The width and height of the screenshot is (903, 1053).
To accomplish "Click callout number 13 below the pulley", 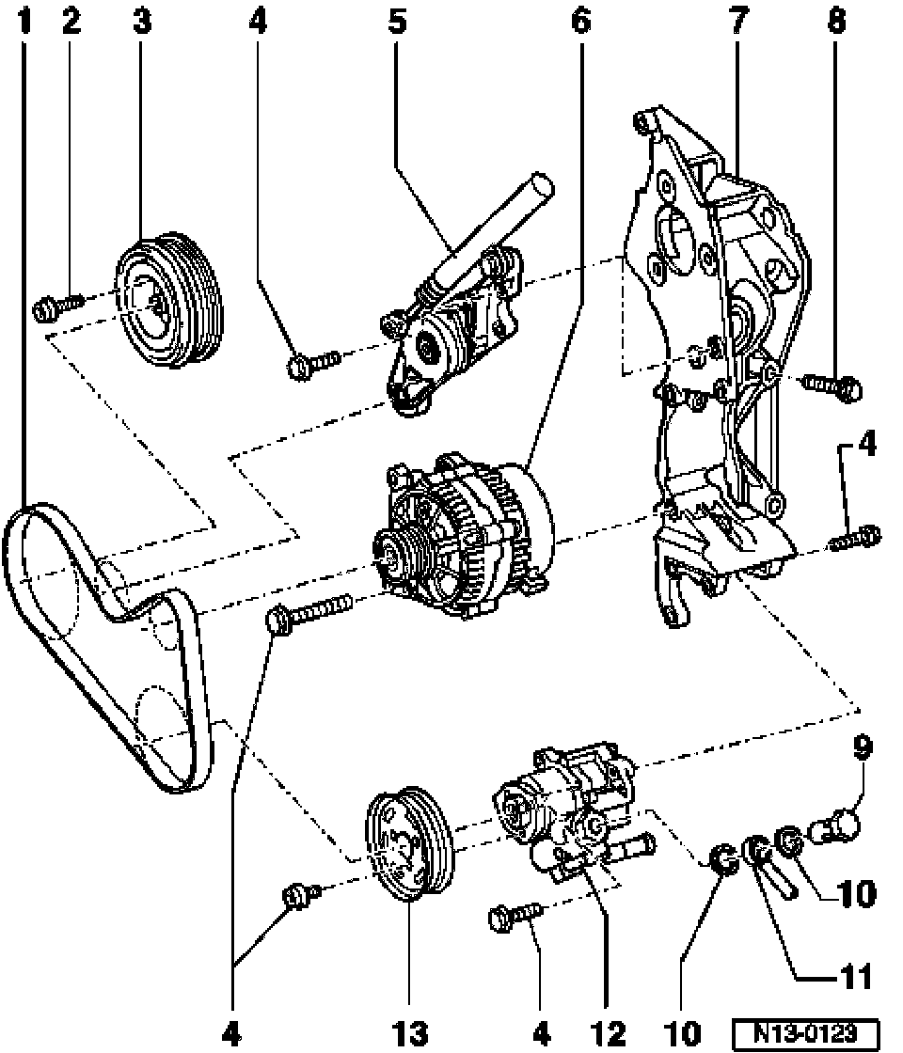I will click(409, 1035).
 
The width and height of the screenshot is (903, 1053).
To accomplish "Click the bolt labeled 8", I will click(833, 385).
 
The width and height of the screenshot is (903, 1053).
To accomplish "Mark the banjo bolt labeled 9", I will click(839, 827).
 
